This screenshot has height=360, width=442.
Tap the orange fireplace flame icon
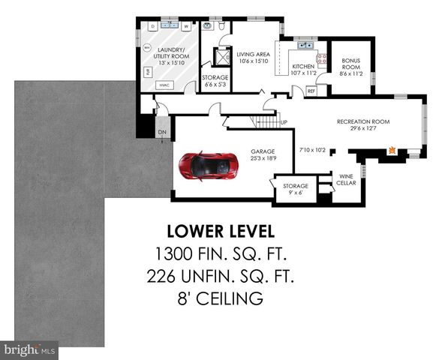coord(391,151)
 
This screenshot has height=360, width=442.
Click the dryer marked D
coord(153,26)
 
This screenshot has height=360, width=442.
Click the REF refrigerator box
coord(311,91)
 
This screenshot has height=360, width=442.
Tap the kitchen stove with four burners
coord(321,58)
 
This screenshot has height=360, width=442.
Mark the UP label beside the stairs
coord(283,122)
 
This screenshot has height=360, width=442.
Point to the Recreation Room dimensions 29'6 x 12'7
coord(363,128)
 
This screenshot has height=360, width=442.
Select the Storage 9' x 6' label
coord(296,188)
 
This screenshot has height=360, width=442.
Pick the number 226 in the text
coord(170,277)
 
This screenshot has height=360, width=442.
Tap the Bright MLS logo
coord(29,349)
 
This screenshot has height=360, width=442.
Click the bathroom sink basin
coord(209,27)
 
